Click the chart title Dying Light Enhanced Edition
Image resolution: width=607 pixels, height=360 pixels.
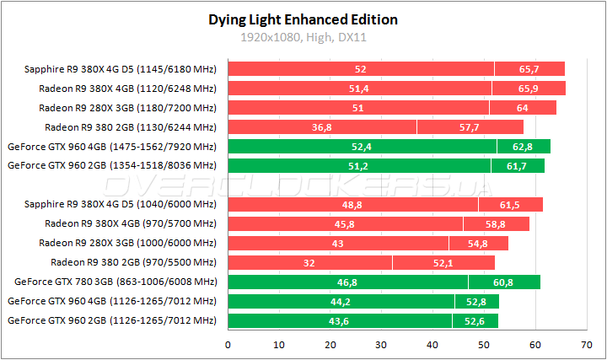tap(303, 19)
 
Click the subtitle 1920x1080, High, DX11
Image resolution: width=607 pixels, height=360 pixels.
tap(303, 37)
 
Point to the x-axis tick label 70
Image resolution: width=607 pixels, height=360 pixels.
tap(586, 345)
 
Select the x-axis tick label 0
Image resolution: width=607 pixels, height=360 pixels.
tap(228, 345)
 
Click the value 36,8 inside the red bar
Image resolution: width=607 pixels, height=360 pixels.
tap(322, 127)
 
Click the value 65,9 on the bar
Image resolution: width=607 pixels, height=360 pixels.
tap(529, 89)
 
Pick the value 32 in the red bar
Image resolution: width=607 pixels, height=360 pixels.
tap(309, 263)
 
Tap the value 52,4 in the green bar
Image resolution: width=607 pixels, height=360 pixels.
tap(362, 147)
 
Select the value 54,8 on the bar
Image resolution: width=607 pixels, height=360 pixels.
tap(478, 244)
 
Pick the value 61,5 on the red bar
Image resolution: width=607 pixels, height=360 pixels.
tap(511, 205)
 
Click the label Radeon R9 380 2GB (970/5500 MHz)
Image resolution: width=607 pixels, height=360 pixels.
tap(133, 263)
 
